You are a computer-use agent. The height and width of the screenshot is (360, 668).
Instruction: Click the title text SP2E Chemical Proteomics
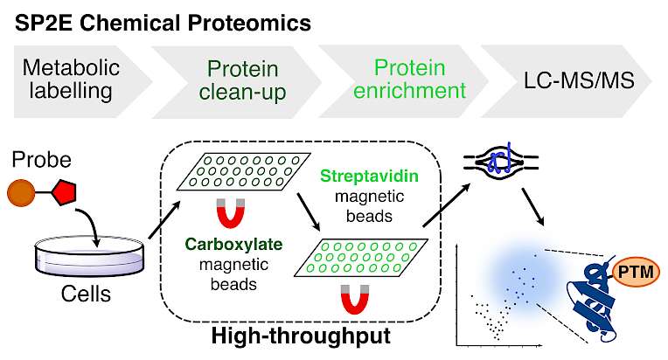[163, 23]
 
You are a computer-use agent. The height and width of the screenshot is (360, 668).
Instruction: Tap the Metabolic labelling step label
[71, 80]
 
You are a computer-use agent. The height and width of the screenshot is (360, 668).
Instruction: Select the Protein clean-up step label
[242, 80]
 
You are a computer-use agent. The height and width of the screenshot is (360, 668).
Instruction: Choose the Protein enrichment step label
[409, 80]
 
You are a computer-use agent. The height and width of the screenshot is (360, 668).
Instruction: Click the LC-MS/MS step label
[579, 80]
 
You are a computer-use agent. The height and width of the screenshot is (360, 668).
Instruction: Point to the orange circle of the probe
[21, 193]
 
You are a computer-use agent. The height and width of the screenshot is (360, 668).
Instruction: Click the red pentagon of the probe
[64, 193]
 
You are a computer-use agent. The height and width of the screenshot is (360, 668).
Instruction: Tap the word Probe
[41, 160]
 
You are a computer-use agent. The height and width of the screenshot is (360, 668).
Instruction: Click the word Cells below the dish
[86, 294]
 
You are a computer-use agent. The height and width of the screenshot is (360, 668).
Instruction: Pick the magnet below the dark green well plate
[231, 212]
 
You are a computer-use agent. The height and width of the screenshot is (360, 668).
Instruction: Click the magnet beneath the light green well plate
[355, 299]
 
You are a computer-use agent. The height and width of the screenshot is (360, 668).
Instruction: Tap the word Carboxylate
[233, 245]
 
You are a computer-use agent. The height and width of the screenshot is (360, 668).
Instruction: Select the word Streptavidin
[369, 176]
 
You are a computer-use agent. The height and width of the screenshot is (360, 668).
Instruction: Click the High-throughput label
[301, 336]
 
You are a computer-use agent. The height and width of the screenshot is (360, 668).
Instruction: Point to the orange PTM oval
[636, 272]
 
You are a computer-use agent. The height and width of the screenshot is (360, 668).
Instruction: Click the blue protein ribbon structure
[593, 301]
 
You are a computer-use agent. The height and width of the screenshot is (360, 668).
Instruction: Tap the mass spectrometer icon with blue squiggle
[501, 163]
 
